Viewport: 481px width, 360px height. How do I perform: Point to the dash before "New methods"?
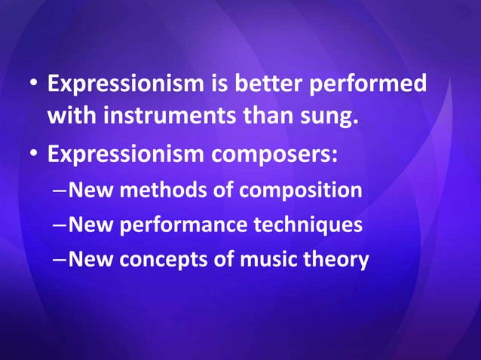click(60, 191)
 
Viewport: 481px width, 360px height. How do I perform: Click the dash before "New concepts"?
click(60, 261)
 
